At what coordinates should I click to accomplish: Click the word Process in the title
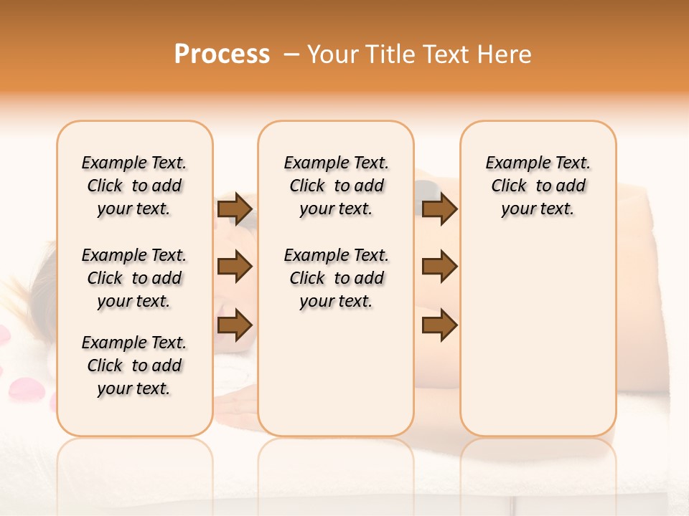tap(222, 54)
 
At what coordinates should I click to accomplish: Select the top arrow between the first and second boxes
tap(235, 209)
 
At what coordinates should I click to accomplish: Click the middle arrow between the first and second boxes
tap(235, 267)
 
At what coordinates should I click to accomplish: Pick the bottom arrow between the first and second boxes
tap(235, 325)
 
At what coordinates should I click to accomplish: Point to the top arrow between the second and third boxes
tap(439, 209)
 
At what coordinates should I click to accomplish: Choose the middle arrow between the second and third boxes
tap(439, 267)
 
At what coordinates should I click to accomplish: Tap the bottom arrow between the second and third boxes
tap(439, 325)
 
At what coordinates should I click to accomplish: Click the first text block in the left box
tap(134, 186)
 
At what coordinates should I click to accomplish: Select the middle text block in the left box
tap(134, 278)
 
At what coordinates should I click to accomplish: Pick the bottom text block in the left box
tap(134, 365)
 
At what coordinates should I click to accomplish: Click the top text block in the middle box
tap(336, 186)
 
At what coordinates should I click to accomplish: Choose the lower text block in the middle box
tap(336, 278)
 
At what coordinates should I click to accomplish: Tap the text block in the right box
tap(538, 186)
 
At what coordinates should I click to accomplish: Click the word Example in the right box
tap(512, 163)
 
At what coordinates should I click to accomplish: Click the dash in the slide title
tap(291, 54)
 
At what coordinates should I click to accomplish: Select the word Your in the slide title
tap(332, 54)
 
